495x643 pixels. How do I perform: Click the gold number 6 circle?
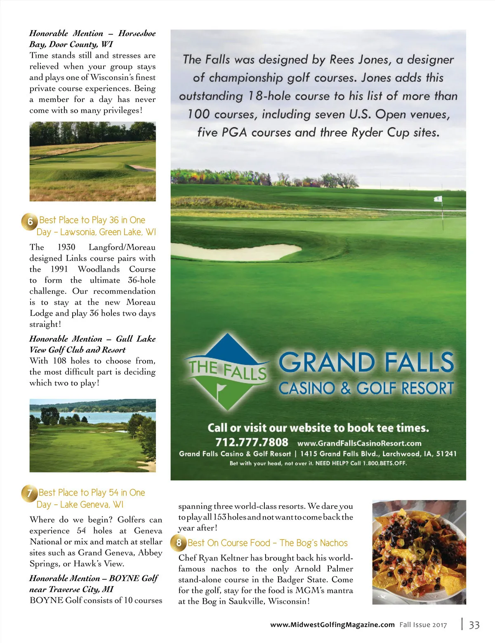[x=30, y=222]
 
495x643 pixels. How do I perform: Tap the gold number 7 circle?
[x=29, y=493]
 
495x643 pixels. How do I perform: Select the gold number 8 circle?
[x=179, y=542]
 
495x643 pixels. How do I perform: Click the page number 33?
[x=474, y=625]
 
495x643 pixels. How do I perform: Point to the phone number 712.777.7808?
[x=252, y=442]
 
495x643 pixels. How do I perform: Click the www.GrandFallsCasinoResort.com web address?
[x=359, y=443]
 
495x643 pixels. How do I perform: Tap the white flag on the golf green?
[x=438, y=199]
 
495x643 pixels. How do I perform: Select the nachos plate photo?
[x=419, y=552]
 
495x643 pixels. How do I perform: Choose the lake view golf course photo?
[x=92, y=435]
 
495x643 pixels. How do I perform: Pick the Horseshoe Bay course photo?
[x=92, y=161]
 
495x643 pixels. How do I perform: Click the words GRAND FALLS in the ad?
[x=366, y=362]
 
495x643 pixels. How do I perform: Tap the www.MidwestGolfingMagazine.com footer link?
[x=332, y=625]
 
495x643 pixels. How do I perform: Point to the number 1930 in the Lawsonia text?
[x=66, y=247]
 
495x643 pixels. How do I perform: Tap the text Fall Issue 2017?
[x=423, y=625]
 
